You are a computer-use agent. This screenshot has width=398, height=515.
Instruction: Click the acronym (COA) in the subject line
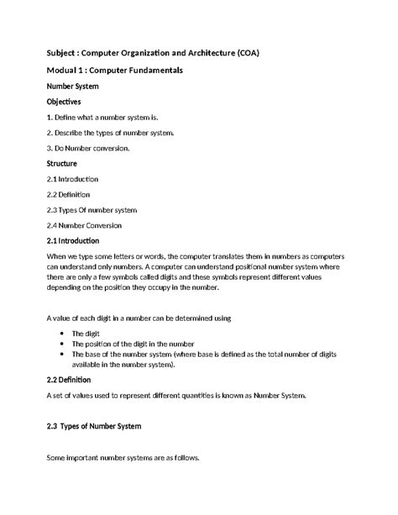click(x=244, y=53)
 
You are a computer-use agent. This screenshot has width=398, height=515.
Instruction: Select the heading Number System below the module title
click(x=73, y=86)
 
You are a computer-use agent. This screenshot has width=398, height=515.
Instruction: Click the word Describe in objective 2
click(x=74, y=132)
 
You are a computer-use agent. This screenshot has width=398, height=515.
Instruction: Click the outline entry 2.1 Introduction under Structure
click(x=73, y=179)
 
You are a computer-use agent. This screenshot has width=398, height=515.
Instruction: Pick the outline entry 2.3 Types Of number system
click(x=92, y=209)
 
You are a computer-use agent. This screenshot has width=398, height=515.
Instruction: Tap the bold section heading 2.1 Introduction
click(x=76, y=240)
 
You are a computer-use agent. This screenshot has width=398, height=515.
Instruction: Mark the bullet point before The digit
click(x=63, y=334)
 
